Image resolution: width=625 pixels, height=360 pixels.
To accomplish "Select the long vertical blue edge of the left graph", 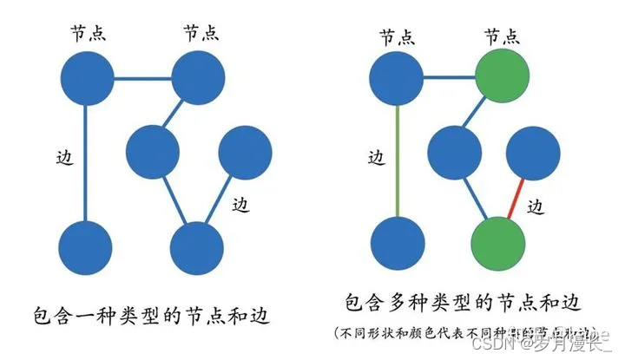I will [86, 160].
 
